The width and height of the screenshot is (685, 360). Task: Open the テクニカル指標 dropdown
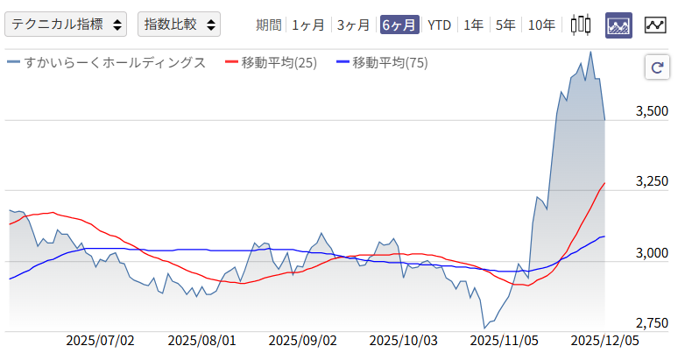click(x=67, y=25)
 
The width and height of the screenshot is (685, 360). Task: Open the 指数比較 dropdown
click(x=179, y=25)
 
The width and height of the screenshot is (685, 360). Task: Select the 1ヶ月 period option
click(x=308, y=25)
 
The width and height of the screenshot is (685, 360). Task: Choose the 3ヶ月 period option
click(x=354, y=25)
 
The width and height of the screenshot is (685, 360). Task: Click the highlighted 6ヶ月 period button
click(x=399, y=25)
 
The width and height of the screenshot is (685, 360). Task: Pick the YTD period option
click(x=439, y=25)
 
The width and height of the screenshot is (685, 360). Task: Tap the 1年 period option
click(x=473, y=25)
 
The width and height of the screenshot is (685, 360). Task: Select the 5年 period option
click(x=505, y=25)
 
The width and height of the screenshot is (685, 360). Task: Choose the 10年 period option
click(x=541, y=25)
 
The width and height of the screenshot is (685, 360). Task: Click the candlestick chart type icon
click(x=580, y=25)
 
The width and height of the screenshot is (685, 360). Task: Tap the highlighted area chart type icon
click(x=618, y=25)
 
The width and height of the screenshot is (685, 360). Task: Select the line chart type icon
click(x=655, y=25)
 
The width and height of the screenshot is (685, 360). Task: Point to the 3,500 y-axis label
click(x=650, y=111)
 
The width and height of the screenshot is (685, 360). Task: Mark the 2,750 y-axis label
click(x=650, y=321)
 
